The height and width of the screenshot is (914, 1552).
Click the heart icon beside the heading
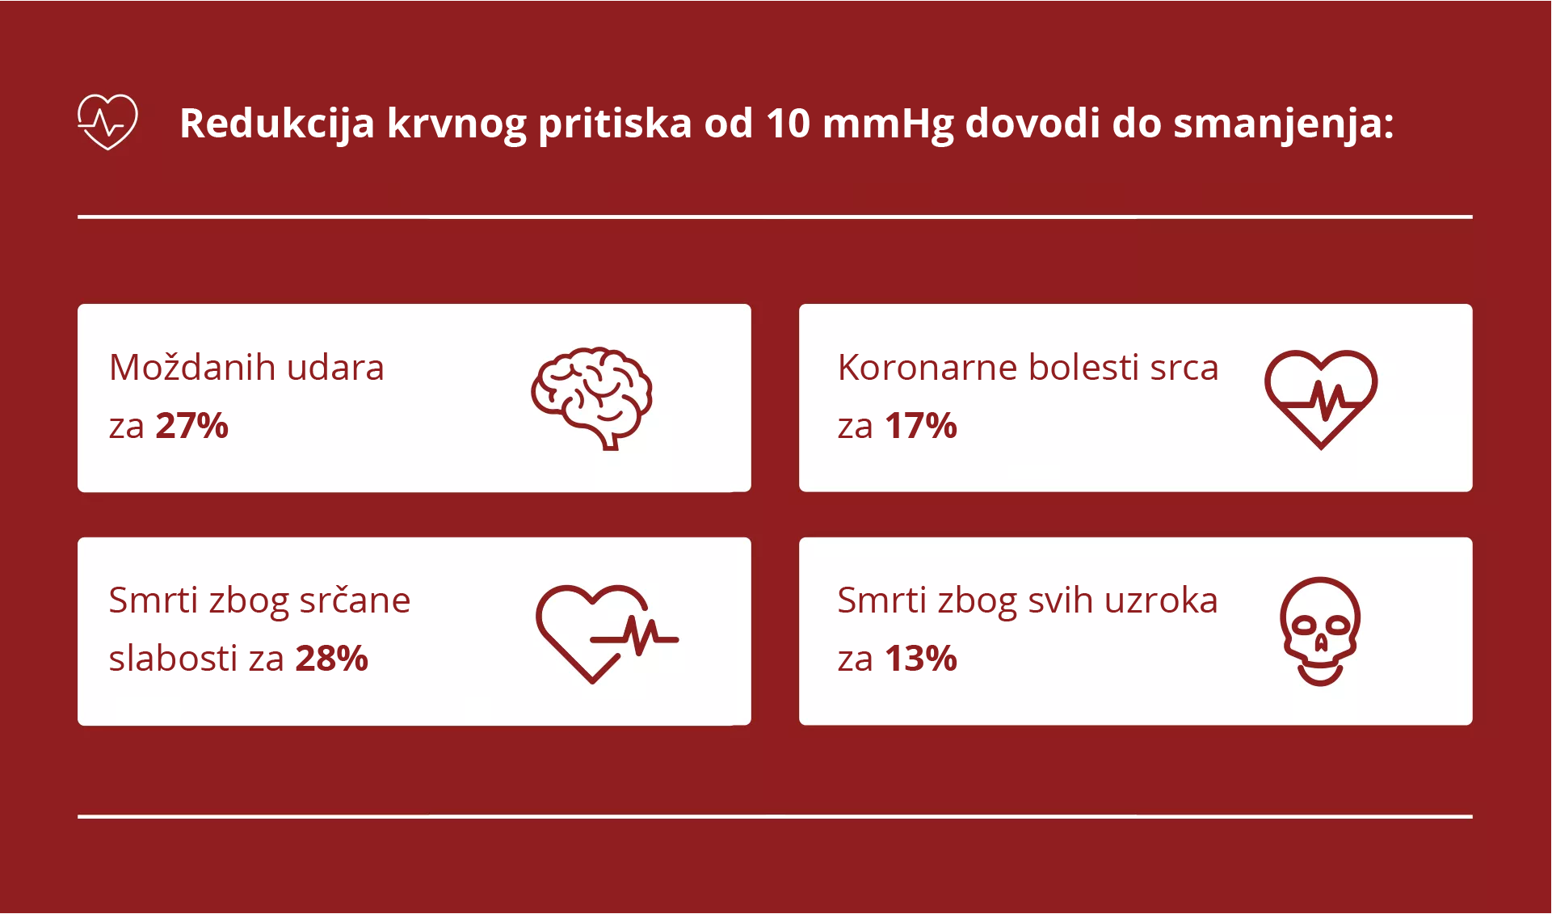pyautogui.click(x=107, y=122)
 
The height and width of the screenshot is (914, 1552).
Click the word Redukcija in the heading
pyautogui.click(x=276, y=124)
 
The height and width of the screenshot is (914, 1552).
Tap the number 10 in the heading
pyautogui.click(x=788, y=124)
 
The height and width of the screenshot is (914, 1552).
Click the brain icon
pyautogui.click(x=592, y=398)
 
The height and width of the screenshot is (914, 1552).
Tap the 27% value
pyautogui.click(x=192, y=426)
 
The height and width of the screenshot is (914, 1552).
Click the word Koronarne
pyautogui.click(x=927, y=368)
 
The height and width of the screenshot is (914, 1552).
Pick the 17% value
pyautogui.click(x=921, y=426)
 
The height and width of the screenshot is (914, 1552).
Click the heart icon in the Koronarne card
pyautogui.click(x=1321, y=398)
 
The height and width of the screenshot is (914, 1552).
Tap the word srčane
pyautogui.click(x=355, y=600)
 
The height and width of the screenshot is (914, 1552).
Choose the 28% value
pyautogui.click(x=332, y=659)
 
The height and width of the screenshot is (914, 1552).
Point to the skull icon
pyautogui.click(x=1320, y=631)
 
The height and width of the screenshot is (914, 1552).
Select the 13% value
pyautogui.click(x=921, y=659)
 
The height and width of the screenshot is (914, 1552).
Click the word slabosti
pyautogui.click(x=173, y=659)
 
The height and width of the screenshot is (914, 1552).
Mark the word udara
pyautogui.click(x=335, y=368)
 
